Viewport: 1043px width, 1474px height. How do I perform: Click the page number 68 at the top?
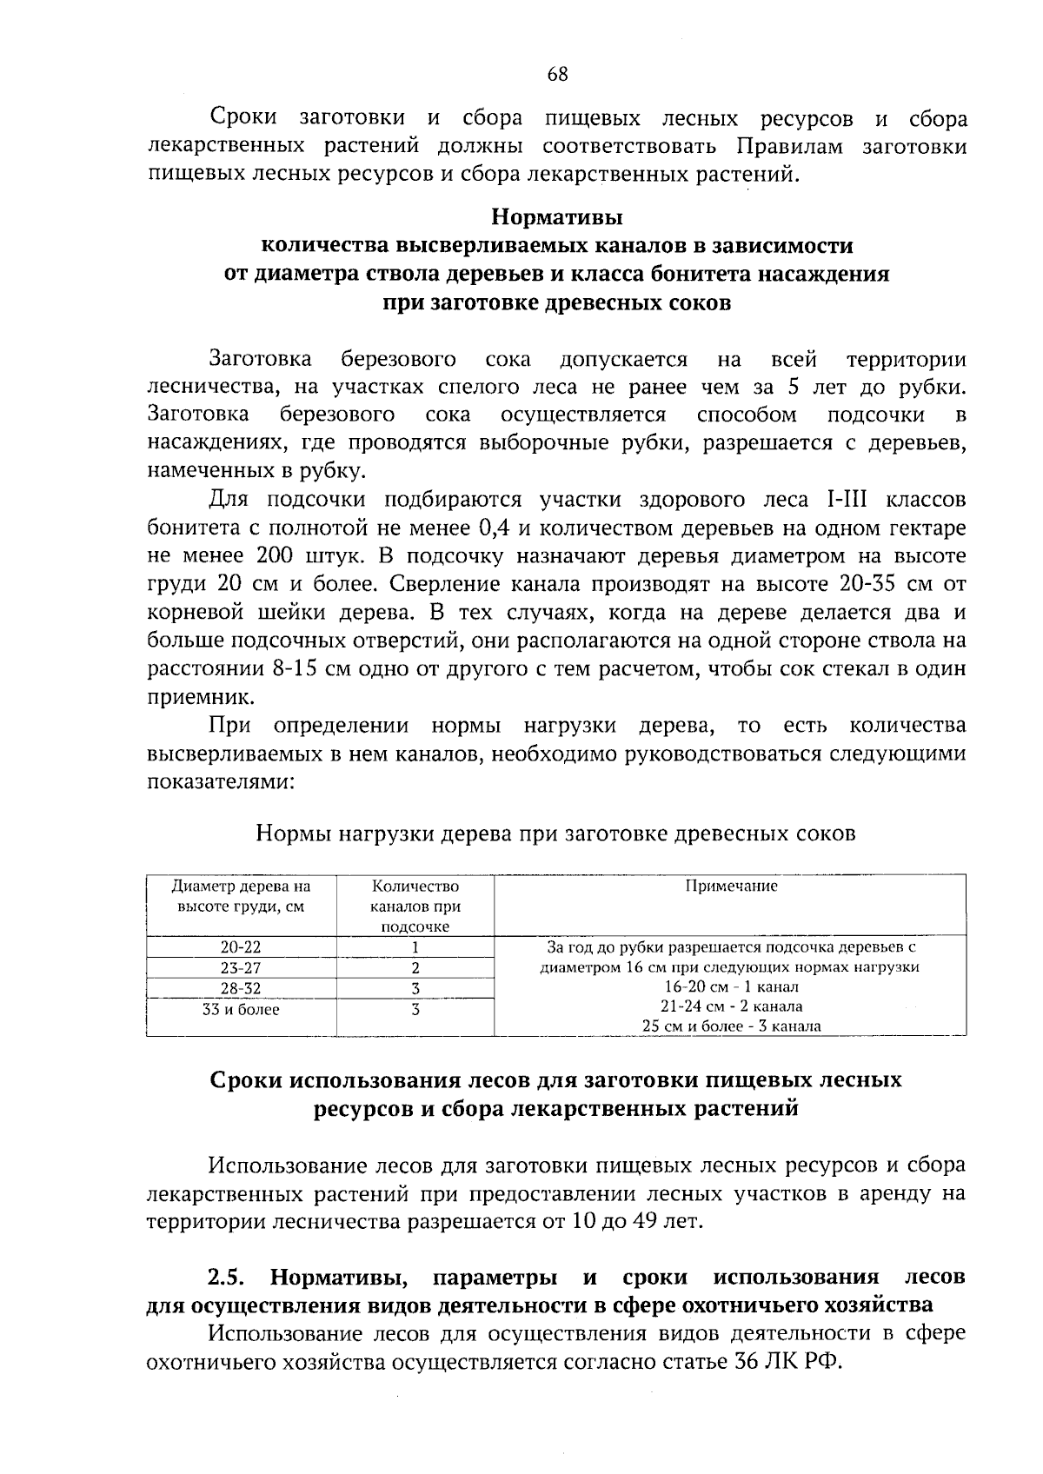tap(557, 75)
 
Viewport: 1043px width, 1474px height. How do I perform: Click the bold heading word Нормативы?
tap(557, 215)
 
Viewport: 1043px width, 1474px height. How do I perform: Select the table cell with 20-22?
tap(241, 947)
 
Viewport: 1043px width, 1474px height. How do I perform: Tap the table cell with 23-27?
tap(241, 968)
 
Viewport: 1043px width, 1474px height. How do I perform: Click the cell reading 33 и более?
tap(241, 1010)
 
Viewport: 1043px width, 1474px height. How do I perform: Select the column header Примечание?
tap(731, 886)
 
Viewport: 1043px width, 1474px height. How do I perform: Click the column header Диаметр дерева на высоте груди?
tap(241, 896)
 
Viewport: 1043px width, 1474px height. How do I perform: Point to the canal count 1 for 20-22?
tap(415, 947)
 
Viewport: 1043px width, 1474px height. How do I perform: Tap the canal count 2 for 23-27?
tap(415, 968)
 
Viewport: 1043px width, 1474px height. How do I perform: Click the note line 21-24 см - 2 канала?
tap(731, 1006)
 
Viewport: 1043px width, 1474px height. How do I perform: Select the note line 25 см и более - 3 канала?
tap(731, 1026)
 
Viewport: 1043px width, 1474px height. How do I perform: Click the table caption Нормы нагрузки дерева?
tap(556, 833)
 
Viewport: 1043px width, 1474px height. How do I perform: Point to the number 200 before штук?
tap(277, 556)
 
